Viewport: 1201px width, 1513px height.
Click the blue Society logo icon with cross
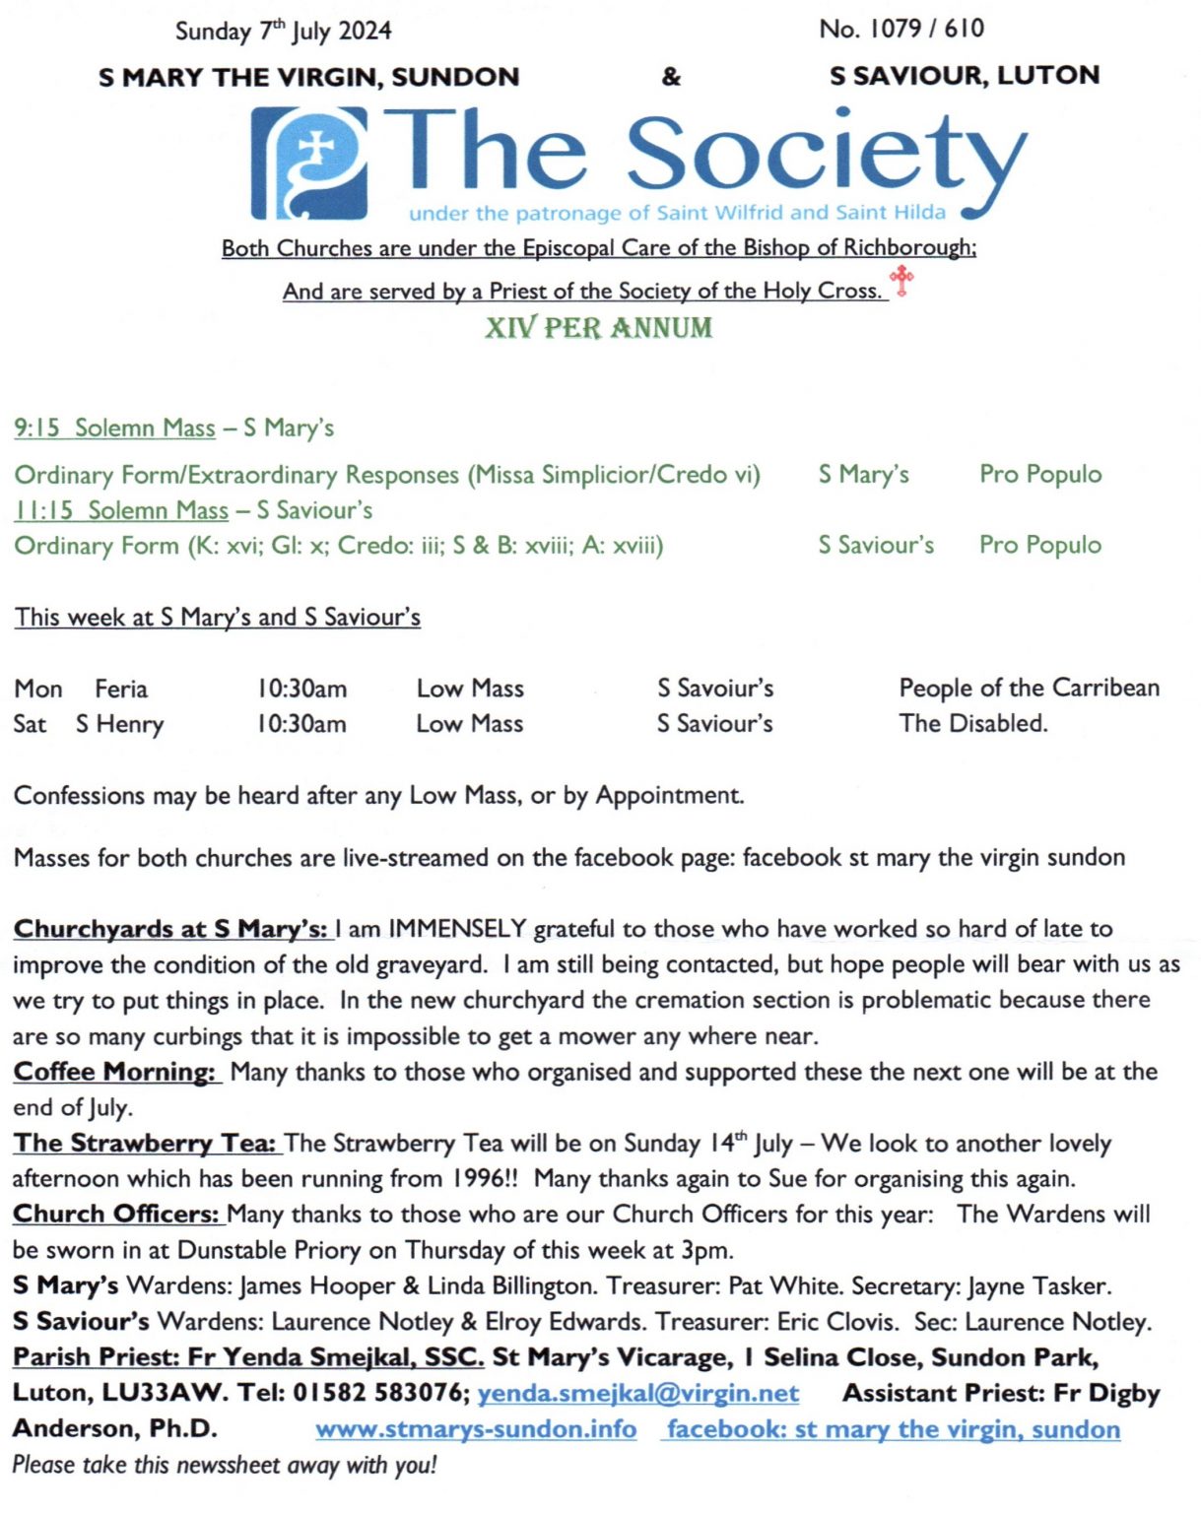pos(309,163)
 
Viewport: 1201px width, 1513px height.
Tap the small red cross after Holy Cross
pos(901,281)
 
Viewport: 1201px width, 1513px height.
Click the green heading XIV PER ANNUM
pos(598,328)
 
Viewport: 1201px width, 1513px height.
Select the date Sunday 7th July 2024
pos(283,32)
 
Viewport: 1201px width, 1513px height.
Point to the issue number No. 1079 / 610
pos(901,29)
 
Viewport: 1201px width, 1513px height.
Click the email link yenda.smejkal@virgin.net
pos(637,1394)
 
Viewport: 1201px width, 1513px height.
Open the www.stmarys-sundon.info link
pos(476,1429)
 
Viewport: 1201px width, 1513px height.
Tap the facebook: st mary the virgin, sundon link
pos(893,1429)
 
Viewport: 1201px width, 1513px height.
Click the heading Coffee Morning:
pos(114,1072)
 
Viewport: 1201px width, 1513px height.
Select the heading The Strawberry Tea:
pos(145,1144)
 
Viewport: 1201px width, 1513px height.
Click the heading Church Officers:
pos(116,1215)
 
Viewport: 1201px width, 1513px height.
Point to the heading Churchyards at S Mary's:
pos(170,929)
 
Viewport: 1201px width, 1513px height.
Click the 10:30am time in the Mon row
pos(301,689)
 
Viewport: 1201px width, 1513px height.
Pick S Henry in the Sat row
pos(119,725)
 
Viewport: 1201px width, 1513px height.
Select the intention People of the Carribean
pos(1029,688)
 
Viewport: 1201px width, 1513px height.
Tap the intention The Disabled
pos(972,723)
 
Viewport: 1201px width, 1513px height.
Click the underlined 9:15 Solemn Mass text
pos(114,428)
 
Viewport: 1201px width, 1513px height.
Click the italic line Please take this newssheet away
pos(224,1465)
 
